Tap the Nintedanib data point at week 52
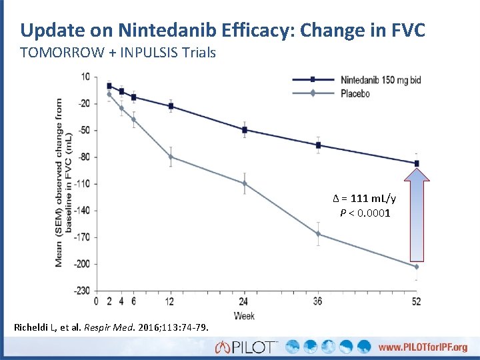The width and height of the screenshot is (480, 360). tap(417, 163)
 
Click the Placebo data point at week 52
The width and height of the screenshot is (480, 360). tap(417, 267)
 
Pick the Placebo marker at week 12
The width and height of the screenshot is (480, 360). tap(171, 157)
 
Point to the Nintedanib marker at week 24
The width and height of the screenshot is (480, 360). tap(245, 129)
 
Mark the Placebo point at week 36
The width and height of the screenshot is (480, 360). tap(318, 234)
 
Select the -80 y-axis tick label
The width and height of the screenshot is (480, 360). tap(84, 157)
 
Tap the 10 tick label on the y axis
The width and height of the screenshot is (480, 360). tap(85, 77)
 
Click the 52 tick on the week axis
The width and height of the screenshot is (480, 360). tap(417, 301)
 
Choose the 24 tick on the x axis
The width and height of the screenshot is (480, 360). tap(245, 301)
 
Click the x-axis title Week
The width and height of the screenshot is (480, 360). tap(244, 315)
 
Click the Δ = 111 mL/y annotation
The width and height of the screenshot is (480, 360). tap(364, 199)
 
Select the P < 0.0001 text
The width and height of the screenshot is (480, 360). tap(365, 213)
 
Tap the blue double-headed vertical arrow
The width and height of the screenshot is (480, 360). tap(417, 215)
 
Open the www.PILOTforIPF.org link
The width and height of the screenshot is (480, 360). tap(423, 347)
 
